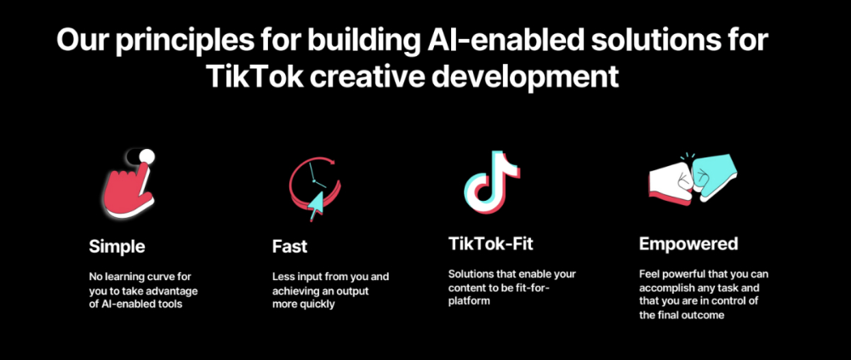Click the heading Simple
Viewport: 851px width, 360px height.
[x=117, y=247]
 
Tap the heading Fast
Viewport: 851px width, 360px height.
[x=290, y=247]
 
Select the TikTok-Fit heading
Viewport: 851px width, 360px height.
[x=491, y=243]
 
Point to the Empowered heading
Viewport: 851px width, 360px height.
[x=688, y=243]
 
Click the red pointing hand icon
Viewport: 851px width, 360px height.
[x=129, y=190]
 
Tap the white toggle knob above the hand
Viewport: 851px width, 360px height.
[x=146, y=157]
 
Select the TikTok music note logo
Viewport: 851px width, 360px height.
[x=492, y=180]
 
